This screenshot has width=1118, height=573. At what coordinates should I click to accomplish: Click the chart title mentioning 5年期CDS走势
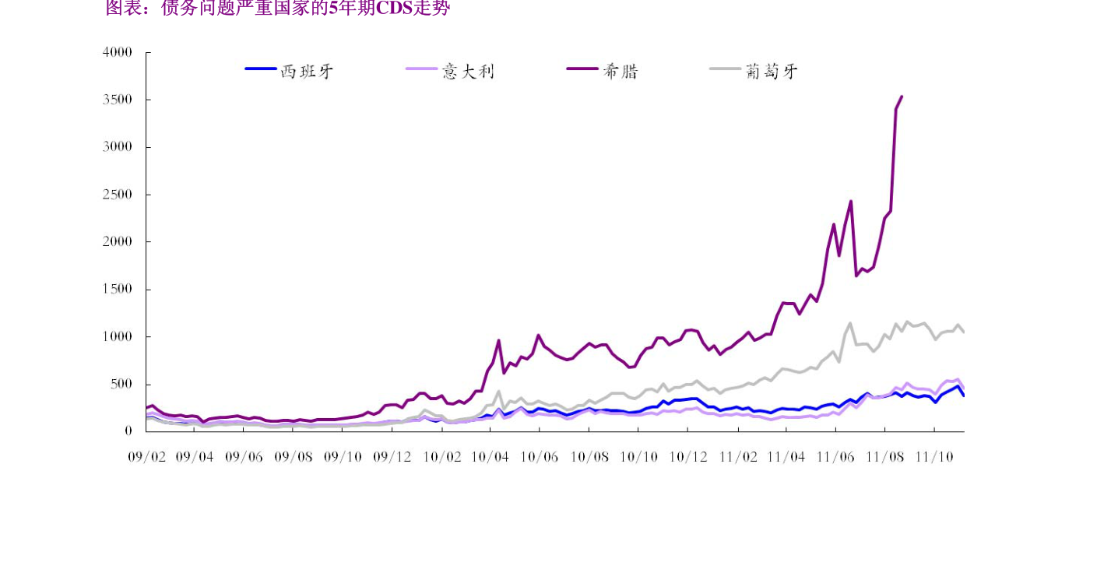coord(278,9)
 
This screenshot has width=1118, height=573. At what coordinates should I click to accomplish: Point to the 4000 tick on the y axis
coord(118,52)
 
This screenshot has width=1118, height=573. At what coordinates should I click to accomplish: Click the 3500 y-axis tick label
coord(118,100)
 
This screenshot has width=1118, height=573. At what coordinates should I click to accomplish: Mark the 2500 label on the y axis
coord(118,195)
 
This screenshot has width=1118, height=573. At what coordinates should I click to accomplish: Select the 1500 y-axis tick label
coord(118,290)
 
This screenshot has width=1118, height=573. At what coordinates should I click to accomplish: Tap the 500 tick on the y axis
coord(121,384)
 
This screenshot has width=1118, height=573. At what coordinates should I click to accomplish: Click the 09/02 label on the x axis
coord(146,457)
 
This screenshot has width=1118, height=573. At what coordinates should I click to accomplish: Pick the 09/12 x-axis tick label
coord(392,457)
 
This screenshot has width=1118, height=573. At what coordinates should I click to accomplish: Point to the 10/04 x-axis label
coord(490,457)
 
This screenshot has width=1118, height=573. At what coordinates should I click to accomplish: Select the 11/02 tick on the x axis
coord(737,457)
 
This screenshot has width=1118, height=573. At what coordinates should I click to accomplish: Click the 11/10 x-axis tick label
coord(933,457)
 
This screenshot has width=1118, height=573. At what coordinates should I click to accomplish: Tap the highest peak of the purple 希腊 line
coord(902,97)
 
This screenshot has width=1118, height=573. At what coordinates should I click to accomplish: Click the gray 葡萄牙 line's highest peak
coord(850,323)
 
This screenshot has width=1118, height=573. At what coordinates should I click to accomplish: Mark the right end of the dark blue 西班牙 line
coord(964,395)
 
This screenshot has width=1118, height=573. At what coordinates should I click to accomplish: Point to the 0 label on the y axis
coord(128,431)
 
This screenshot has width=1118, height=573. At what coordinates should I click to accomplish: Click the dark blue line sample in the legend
coord(261,69)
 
